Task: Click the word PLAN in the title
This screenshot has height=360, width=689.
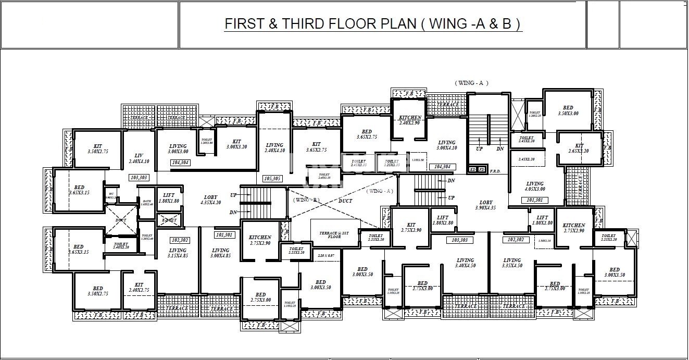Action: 394,24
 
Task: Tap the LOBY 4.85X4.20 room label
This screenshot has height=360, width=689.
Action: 211,200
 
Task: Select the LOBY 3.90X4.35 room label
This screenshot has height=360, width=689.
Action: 485,205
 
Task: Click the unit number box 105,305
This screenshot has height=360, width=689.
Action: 273,178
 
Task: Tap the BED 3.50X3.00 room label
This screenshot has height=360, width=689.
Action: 568,110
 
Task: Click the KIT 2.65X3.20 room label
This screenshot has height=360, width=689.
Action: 579,148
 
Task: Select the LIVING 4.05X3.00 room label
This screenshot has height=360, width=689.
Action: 534,187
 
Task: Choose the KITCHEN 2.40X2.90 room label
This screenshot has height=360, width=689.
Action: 410,120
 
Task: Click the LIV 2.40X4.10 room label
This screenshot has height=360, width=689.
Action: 139,158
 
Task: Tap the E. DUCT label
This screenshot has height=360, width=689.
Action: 169,220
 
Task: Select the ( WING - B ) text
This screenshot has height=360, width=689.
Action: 305,200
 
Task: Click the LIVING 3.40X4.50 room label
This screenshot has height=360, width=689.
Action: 465,263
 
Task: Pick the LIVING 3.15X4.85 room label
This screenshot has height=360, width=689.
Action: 177,253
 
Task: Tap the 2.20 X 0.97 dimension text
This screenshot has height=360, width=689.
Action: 325,256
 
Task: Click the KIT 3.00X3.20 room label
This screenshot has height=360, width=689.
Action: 236,144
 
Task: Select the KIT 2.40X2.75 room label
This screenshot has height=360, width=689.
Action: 139,288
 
